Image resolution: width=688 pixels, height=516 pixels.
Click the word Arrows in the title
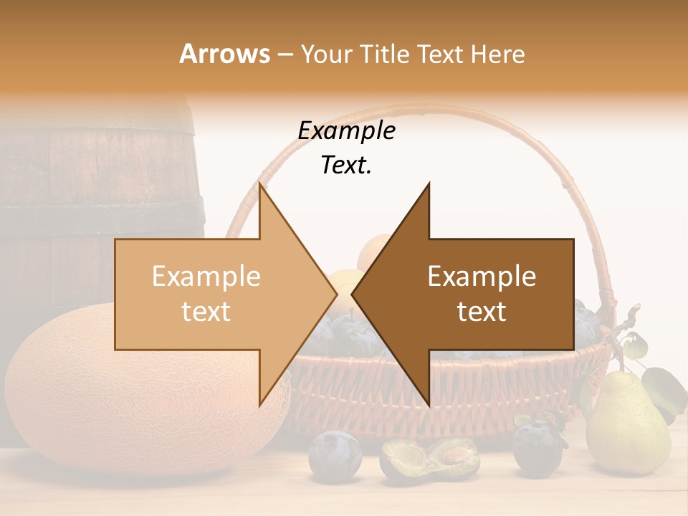[224, 54]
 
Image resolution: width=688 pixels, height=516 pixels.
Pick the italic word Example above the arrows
[346, 131]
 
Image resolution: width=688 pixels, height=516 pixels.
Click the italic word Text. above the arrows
[346, 166]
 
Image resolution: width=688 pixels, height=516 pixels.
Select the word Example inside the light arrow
[206, 277]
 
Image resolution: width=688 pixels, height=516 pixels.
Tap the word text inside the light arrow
[206, 312]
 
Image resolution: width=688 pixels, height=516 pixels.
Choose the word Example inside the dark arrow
[482, 277]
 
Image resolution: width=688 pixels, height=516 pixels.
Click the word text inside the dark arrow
[482, 312]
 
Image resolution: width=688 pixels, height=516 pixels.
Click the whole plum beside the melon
[334, 455]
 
